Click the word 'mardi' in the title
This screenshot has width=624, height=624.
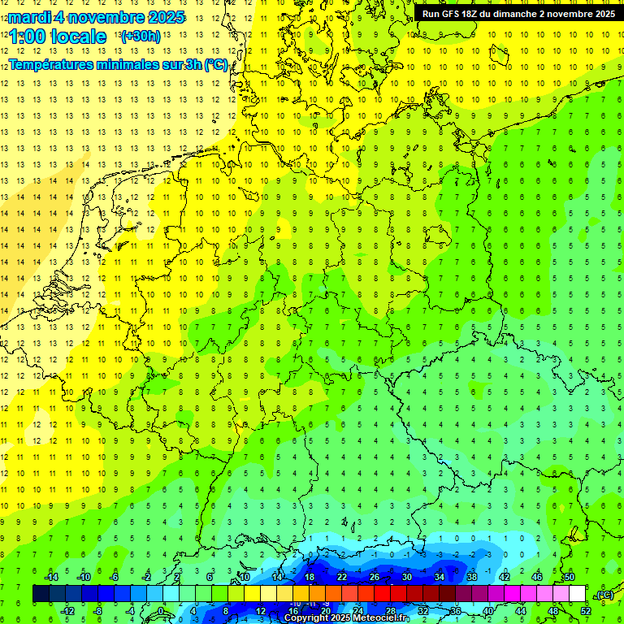coord(29,17)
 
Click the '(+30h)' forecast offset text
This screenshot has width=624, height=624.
coord(140,37)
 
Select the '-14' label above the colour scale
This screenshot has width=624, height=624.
coord(50,577)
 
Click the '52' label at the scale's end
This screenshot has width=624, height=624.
coord(586,611)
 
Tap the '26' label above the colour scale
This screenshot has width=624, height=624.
coord(375,577)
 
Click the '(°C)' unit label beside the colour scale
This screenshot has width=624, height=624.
coord(604,595)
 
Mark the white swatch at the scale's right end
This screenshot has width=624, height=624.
coord(577,594)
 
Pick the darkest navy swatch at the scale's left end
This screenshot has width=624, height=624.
coord(41,594)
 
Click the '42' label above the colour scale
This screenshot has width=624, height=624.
coord(505,577)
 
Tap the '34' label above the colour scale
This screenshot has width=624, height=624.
coord(440,577)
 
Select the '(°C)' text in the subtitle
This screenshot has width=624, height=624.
coord(215,64)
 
